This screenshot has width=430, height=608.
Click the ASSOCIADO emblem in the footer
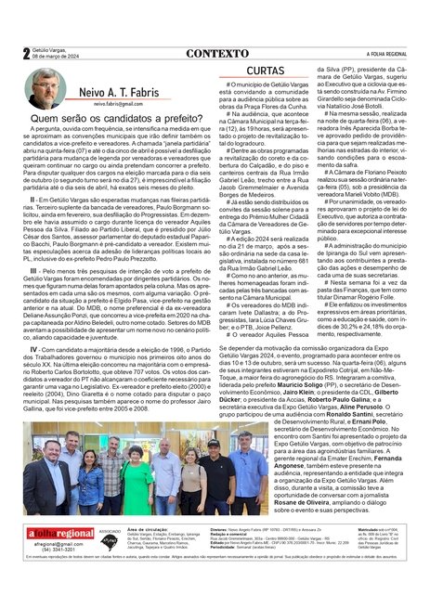[110, 563]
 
